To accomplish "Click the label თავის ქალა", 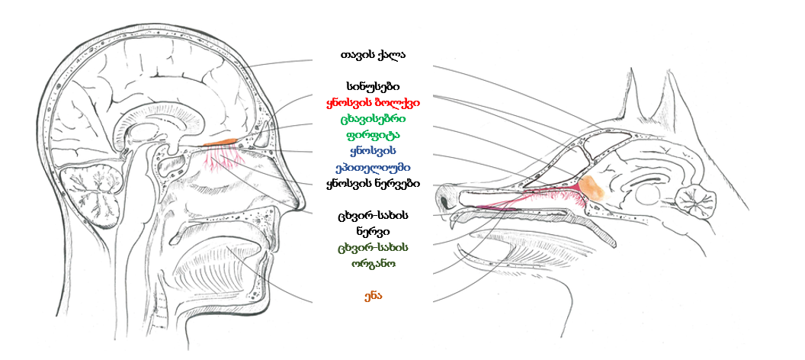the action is (373, 54).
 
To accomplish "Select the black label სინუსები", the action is (373, 86).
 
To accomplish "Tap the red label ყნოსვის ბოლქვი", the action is (373, 103).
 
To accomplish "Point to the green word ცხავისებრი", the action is (373, 119).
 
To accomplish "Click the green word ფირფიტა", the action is (373, 136).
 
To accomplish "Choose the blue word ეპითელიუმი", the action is (373, 168).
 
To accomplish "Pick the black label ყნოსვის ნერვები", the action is (373, 184).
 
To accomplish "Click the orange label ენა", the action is (373, 297).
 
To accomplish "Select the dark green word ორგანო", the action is (373, 264).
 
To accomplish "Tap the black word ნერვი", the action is (373, 232).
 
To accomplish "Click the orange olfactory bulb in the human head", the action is (220, 141).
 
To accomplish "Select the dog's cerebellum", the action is (696, 201).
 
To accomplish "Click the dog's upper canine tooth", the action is (454, 221).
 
